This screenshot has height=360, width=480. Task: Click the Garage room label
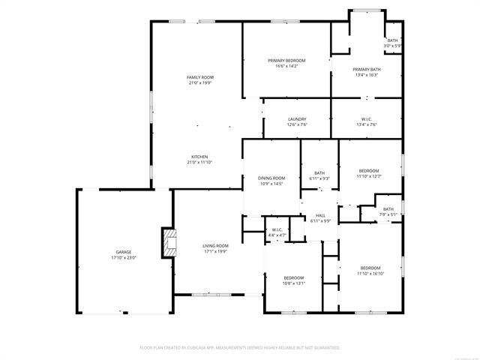point(124,252)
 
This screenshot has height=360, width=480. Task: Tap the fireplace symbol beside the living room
point(169,241)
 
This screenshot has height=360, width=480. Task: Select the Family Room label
point(200,77)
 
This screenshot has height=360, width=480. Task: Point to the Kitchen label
point(200,157)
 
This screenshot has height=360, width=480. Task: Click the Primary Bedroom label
point(286,60)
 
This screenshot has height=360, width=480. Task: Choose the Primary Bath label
point(366,69)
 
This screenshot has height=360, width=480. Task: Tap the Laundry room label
point(297,119)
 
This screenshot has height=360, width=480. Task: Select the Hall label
point(320,215)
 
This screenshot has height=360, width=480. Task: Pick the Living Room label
point(215,245)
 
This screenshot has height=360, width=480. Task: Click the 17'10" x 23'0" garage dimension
point(124,257)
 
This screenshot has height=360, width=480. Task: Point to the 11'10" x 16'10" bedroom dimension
point(370,274)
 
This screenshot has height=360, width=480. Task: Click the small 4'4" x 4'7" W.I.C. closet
point(277,232)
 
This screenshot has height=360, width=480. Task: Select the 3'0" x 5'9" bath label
point(393,43)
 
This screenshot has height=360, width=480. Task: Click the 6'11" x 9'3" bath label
point(319,175)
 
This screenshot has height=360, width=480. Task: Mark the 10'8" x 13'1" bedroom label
point(293,280)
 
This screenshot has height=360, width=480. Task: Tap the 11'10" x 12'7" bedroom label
point(369,173)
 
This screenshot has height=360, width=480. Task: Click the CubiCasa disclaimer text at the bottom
point(240,348)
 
